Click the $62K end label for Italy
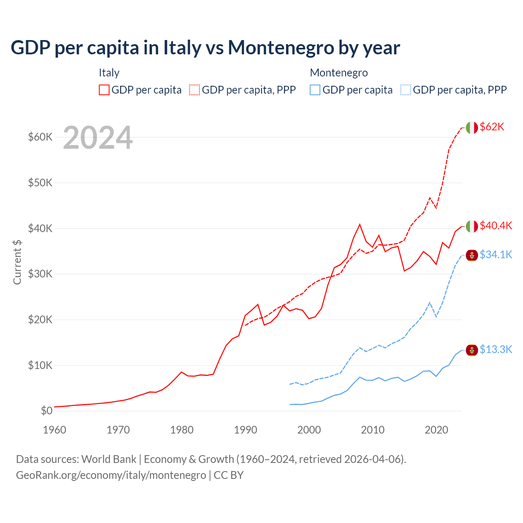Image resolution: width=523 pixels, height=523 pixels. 492,127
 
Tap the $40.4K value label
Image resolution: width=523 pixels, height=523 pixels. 496,226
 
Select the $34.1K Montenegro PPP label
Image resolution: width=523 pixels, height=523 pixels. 496,255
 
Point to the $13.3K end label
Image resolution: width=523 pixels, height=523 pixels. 496,350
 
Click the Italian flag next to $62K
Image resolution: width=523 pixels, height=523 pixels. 472,128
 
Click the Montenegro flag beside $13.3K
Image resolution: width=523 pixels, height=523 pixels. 472,350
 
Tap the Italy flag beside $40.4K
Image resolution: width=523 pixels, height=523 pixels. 472,226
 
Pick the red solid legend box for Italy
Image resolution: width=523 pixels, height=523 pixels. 104,90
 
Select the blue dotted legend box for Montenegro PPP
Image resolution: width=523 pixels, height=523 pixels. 406,90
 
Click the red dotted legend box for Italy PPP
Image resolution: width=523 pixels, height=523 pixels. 194,90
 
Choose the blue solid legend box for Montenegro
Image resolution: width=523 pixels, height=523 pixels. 315,90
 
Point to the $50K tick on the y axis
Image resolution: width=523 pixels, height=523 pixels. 40,183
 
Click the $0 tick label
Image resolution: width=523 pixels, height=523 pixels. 47,411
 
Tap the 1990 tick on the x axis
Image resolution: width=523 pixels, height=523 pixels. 246,430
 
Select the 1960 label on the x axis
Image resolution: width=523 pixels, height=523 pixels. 55,430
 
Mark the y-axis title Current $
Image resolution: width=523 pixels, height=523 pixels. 17,262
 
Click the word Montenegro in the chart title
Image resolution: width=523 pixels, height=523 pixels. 281,48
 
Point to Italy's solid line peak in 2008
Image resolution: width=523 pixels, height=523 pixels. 360,224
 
